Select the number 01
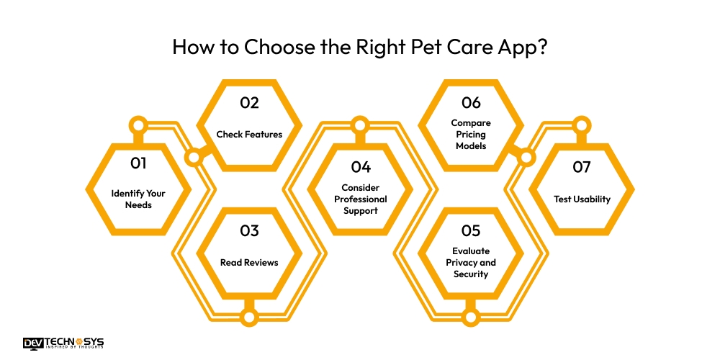[138, 163]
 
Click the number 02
[249, 103]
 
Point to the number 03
[249, 231]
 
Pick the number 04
[361, 167]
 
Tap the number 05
[471, 231]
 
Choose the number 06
[471, 103]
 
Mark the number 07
[582, 167]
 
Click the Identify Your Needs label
[138, 199]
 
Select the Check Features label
[249, 134]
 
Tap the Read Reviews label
[249, 262]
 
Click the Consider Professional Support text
[361, 199]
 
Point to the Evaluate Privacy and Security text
[471, 262]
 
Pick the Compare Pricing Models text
[471, 134]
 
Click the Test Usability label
[582, 199]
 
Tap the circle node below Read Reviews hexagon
[249, 316]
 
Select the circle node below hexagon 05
[471, 316]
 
